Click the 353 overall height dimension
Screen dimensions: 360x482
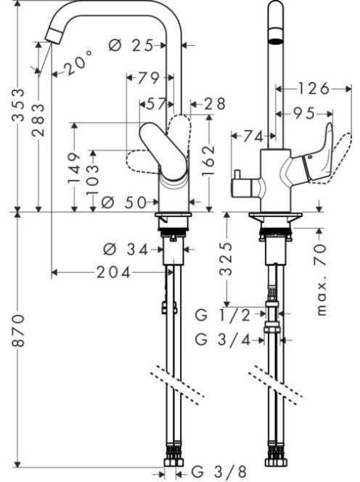coord(19,105)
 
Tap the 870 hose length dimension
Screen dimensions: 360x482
coord(19,330)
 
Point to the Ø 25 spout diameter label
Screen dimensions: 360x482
coord(131,46)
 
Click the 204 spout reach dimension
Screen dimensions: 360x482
coord(113,272)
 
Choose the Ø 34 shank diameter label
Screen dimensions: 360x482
coord(126,249)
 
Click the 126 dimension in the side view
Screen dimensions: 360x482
coord(314,89)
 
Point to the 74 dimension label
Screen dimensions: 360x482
coord(253,136)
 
